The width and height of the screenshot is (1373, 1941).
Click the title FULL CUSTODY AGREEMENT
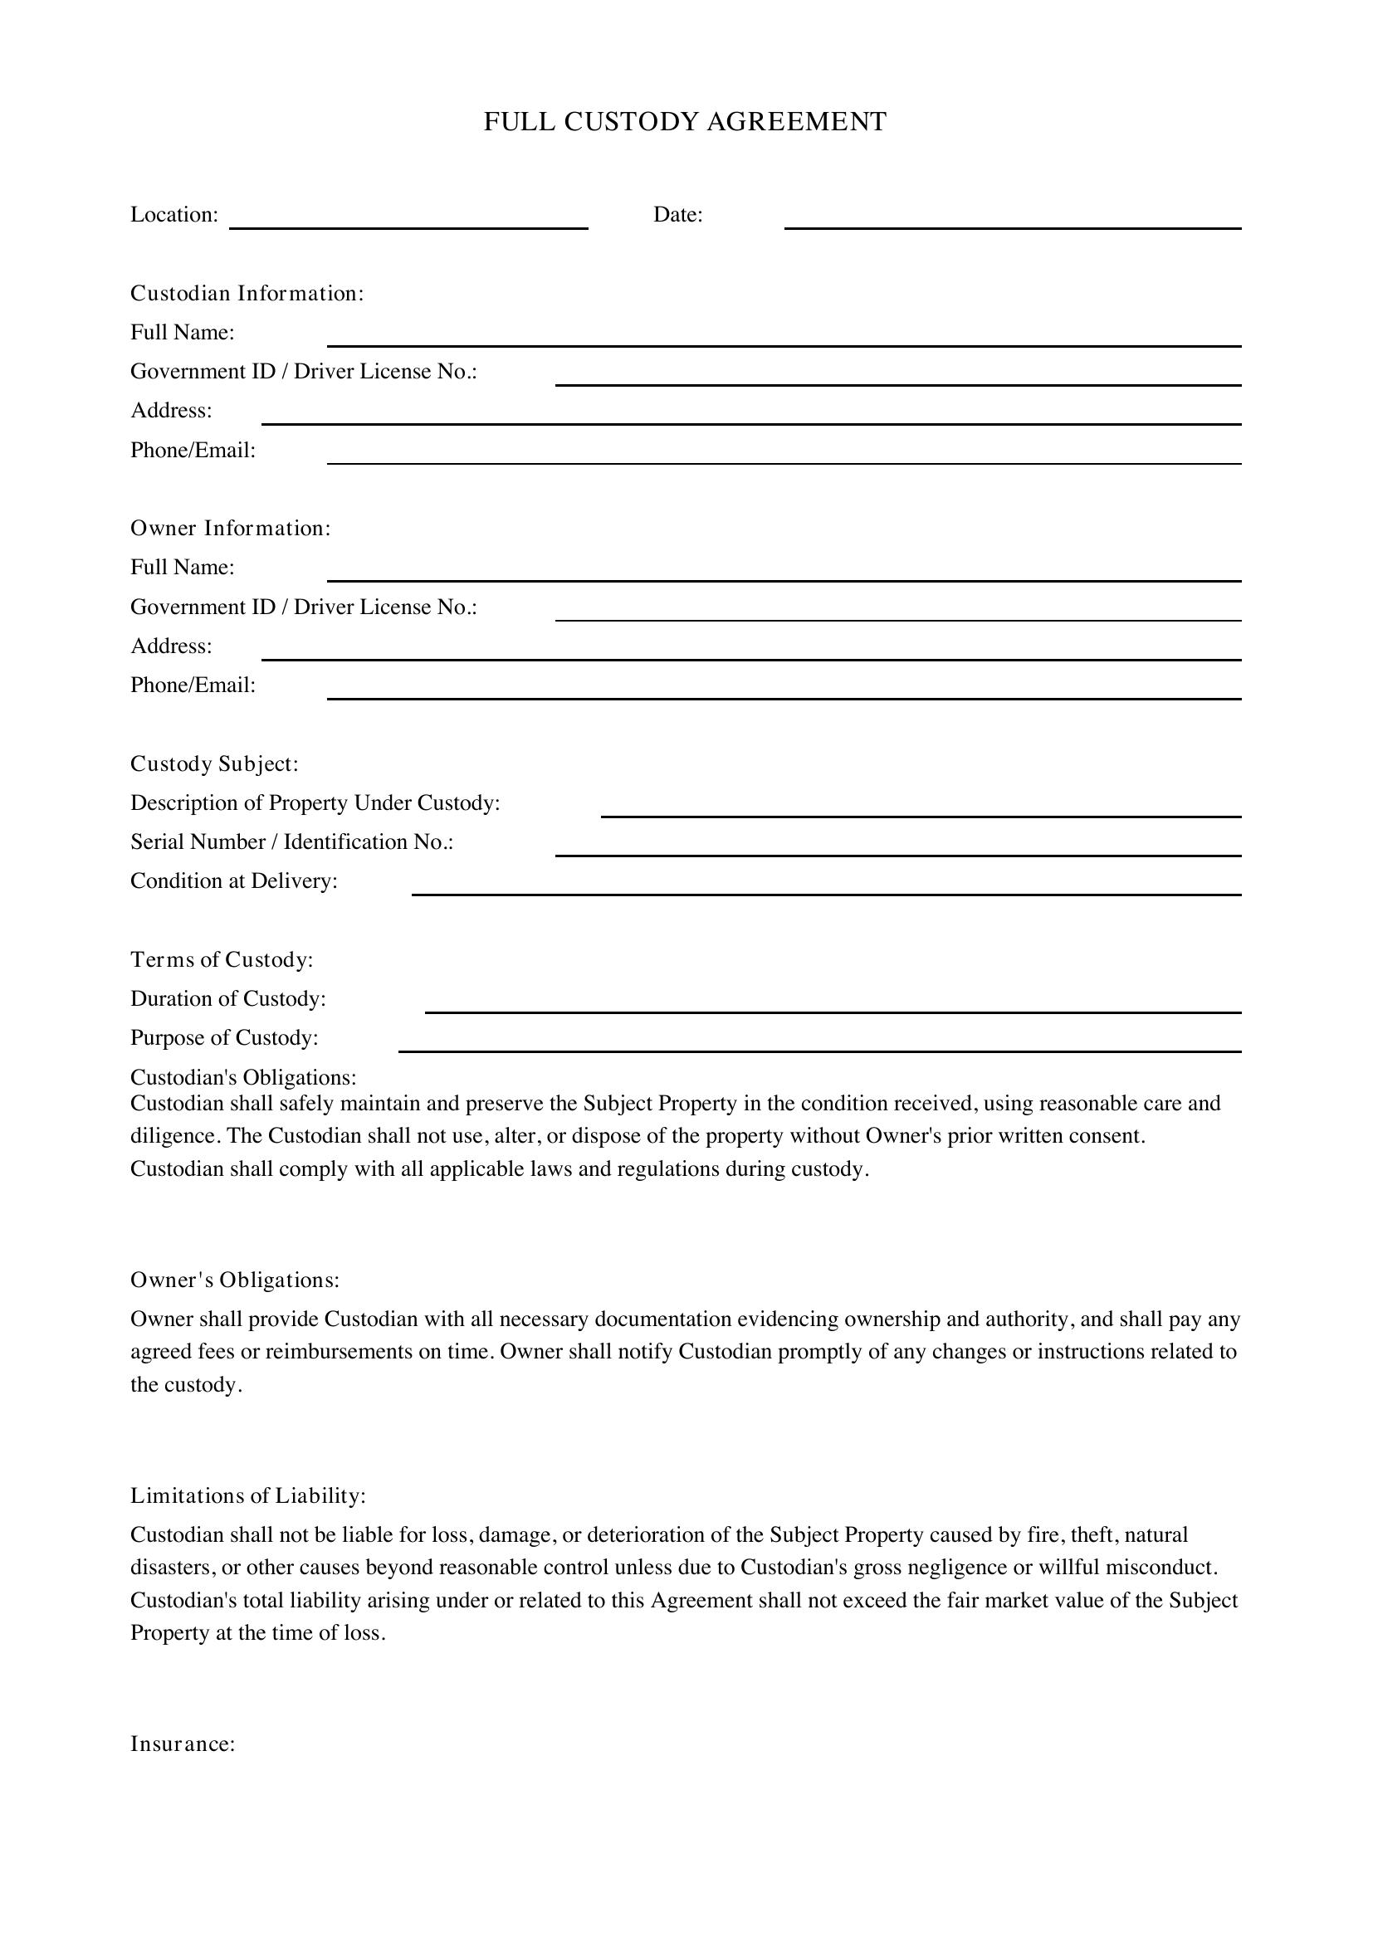[685, 122]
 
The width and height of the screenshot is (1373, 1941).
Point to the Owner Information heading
[231, 529]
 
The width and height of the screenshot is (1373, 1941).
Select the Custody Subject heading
[215, 764]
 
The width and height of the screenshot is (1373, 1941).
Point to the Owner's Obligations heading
[235, 1280]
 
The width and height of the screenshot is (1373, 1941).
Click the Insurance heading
[183, 1744]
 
